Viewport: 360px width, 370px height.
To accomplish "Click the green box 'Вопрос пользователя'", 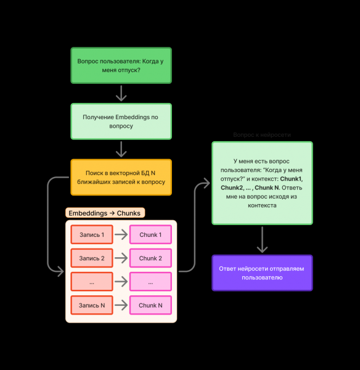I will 121,65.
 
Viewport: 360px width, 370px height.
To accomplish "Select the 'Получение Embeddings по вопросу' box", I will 121,121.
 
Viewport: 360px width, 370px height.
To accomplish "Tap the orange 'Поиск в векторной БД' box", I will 121,178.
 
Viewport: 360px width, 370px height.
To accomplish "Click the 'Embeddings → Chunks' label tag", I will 105,213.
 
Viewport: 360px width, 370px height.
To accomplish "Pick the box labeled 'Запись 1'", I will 91,235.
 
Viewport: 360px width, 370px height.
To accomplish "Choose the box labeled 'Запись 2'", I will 91,258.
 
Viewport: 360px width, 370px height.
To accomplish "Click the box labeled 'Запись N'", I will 91,305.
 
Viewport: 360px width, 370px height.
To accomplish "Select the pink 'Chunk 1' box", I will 150,235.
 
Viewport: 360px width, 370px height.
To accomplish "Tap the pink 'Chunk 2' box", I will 150,258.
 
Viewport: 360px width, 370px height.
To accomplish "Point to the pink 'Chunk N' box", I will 150,305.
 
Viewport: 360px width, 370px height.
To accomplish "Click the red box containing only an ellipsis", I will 91,282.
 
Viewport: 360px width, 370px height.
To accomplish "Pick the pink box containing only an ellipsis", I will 150,282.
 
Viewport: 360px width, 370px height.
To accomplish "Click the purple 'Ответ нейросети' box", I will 262,273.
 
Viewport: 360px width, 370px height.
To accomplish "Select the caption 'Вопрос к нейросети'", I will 262,134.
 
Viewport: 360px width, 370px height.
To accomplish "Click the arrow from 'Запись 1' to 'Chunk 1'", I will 121,235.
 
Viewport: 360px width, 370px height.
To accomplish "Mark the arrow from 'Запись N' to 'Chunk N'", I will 121,305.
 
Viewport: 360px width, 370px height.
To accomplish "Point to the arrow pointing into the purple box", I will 262,240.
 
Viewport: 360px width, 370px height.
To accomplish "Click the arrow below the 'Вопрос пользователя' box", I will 121,93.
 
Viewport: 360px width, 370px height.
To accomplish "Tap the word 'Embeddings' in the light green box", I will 134,117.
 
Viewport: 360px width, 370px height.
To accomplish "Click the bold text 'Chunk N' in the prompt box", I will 266,187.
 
